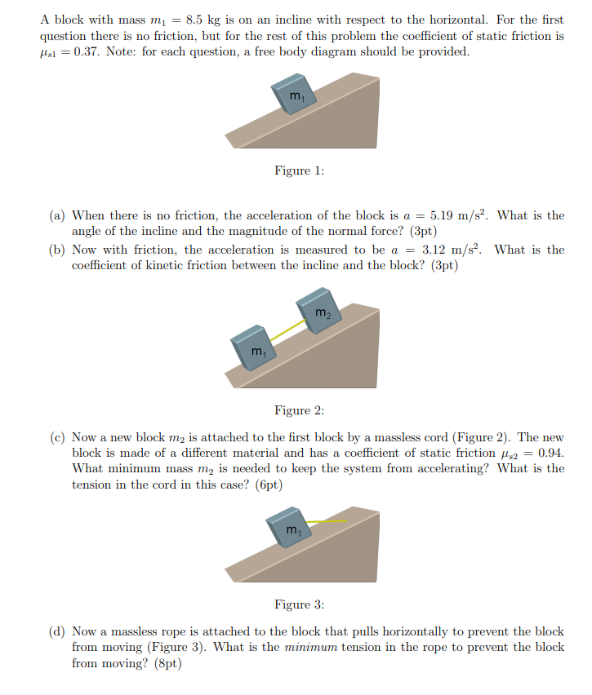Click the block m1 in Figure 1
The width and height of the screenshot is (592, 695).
coord(295,96)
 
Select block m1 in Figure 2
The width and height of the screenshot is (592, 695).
coord(256,349)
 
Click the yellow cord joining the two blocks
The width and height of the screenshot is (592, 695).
coord(288,330)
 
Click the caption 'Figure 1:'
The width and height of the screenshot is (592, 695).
coord(299,170)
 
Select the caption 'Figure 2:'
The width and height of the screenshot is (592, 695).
coord(299,410)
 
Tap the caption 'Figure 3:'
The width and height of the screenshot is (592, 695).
coord(299,604)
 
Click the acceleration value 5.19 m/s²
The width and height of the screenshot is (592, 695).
coord(453,215)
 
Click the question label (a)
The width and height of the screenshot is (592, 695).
coord(57,215)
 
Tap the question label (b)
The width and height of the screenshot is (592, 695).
coord(57,250)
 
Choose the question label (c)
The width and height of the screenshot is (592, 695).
coord(57,437)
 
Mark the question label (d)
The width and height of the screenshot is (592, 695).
coord(57,631)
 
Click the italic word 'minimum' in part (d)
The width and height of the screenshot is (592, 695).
coord(305,647)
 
